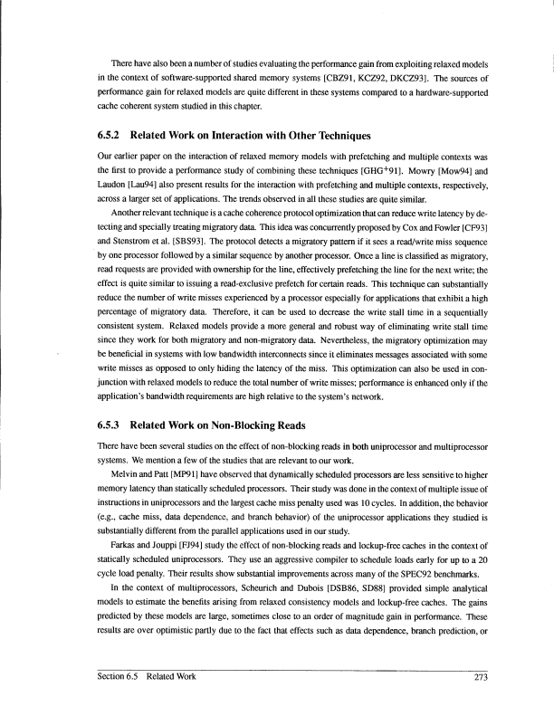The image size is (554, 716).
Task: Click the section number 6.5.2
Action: [111, 137]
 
